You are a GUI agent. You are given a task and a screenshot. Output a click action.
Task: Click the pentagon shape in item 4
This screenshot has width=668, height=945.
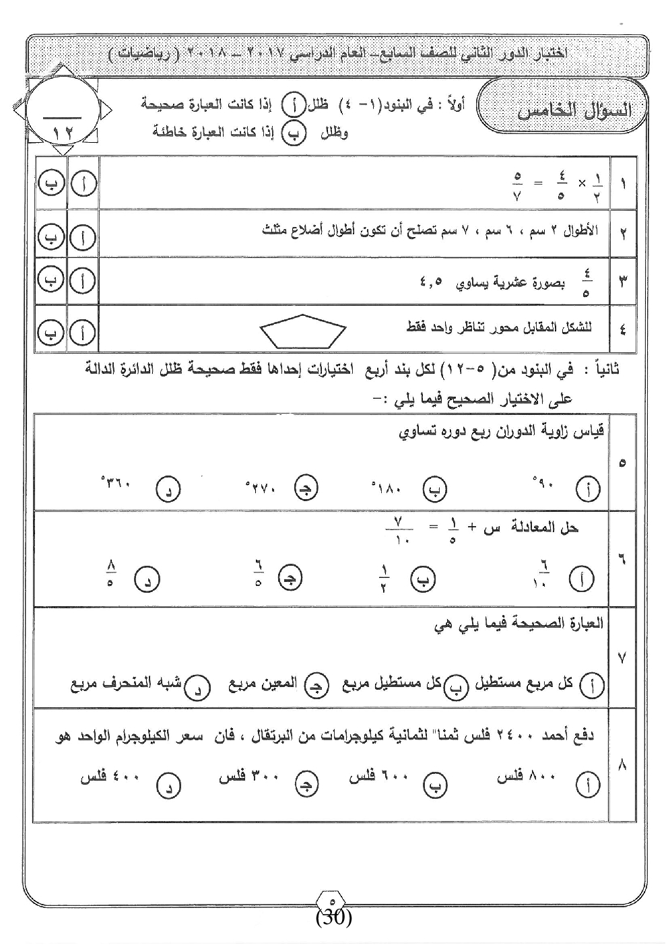click(x=303, y=331)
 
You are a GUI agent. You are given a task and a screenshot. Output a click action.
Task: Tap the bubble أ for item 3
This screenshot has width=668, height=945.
click(x=83, y=282)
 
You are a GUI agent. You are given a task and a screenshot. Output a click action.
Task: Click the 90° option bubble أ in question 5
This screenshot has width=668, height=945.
click(x=588, y=490)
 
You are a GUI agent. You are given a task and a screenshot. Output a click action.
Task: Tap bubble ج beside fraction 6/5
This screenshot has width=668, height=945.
click(x=290, y=578)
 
